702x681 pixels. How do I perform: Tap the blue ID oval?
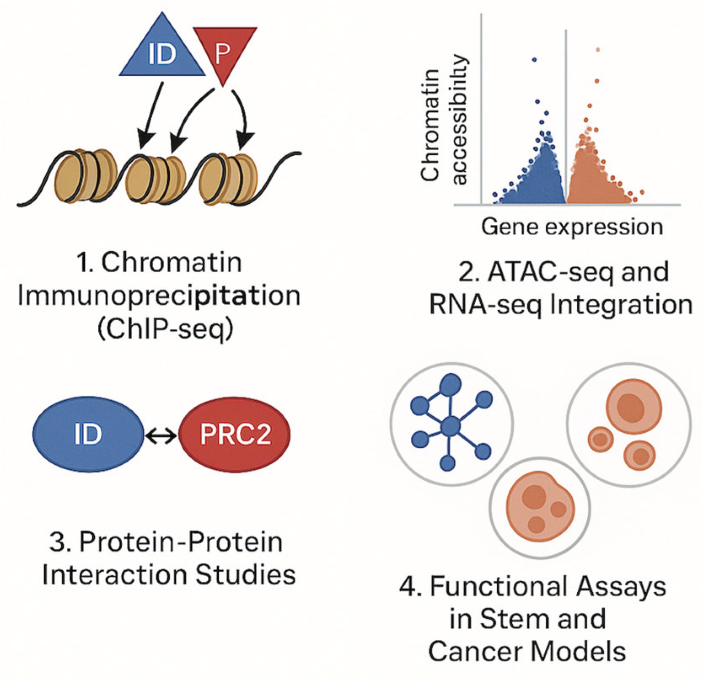[88, 434]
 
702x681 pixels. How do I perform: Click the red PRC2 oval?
[235, 434]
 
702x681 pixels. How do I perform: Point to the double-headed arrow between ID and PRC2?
[161, 436]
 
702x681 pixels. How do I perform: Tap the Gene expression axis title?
[572, 227]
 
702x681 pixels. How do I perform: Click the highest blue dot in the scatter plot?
[534, 60]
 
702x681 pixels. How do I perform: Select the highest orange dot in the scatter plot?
[598, 50]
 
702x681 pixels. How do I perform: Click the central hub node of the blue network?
[450, 427]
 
